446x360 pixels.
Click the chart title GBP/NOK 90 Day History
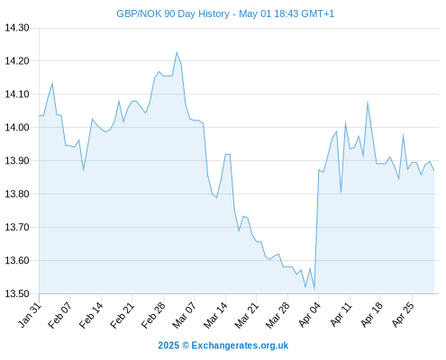pyautogui.click(x=173, y=13)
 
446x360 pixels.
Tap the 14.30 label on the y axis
pyautogui.click(x=17, y=28)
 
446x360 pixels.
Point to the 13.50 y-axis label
pyautogui.click(x=17, y=293)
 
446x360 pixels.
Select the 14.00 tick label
pyautogui.click(x=17, y=128)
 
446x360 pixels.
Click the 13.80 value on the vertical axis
pyautogui.click(x=17, y=194)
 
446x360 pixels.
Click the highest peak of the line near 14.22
pyautogui.click(x=177, y=52)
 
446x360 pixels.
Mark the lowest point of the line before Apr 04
pyautogui.click(x=314, y=289)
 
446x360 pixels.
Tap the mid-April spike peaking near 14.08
pyautogui.click(x=368, y=103)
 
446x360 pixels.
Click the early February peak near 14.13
pyautogui.click(x=52, y=84)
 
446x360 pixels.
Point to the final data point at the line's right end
pyautogui.click(x=434, y=171)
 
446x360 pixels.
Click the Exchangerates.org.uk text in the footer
pyautogui.click(x=240, y=346)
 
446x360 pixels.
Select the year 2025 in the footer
pyautogui.click(x=168, y=346)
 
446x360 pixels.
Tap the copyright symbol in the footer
pyautogui.click(x=186, y=346)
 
